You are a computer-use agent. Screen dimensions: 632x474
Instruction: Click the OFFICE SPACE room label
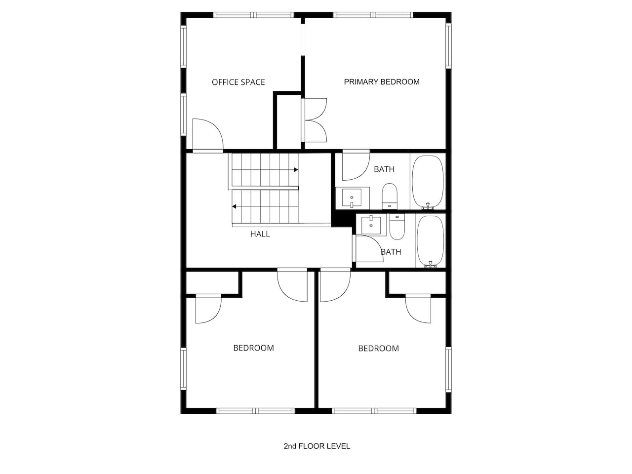point(238,82)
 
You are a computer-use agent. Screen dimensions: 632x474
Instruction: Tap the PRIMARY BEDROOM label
point(382,82)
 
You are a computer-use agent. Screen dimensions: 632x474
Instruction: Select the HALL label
point(260,234)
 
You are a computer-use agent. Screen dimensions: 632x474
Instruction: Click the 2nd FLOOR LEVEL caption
point(316,446)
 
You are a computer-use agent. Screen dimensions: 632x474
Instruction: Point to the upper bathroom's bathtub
point(428,181)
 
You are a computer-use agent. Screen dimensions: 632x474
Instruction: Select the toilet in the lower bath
point(397,227)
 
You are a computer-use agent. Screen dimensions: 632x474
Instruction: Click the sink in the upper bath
point(352,197)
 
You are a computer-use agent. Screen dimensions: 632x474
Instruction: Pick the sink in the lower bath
point(371,225)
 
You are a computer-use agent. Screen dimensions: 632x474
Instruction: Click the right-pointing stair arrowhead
point(296,170)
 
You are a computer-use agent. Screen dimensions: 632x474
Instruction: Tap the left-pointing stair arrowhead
point(235,206)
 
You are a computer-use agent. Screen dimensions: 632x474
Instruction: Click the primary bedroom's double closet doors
point(315,120)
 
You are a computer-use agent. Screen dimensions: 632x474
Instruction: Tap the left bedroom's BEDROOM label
point(253,348)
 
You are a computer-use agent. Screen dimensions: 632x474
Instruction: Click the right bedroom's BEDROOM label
point(378,349)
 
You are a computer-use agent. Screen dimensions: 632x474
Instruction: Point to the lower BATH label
point(391,252)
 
